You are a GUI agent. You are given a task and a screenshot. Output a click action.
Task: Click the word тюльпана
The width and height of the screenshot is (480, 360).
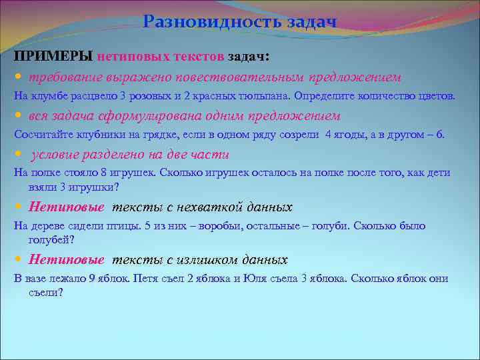tap(268, 95)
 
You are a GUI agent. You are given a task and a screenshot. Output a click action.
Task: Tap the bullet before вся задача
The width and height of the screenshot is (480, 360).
tap(18, 115)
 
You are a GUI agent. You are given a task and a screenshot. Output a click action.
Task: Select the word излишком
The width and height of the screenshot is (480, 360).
tap(217, 259)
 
